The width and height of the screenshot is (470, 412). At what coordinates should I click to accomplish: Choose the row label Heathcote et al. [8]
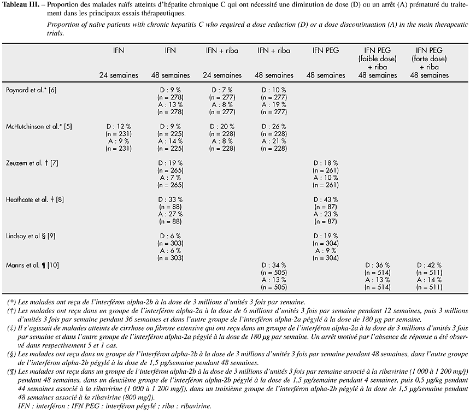click(36, 199)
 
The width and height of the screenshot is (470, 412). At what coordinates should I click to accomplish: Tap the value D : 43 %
click(326, 199)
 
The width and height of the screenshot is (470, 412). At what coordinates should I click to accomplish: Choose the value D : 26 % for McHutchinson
click(274, 127)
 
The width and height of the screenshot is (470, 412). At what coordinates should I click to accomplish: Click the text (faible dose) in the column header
click(377, 58)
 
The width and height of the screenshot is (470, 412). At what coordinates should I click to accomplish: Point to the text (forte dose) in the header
click(428, 58)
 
